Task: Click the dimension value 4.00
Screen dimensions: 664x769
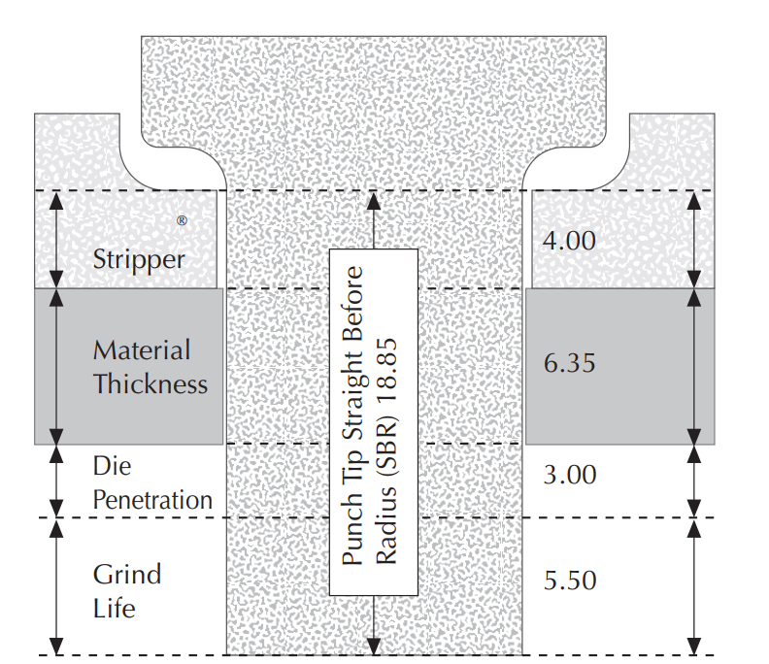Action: coord(569,240)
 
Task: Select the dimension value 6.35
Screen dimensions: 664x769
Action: coord(569,364)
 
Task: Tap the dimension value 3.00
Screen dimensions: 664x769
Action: coord(569,476)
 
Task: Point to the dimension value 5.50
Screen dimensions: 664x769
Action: coord(569,581)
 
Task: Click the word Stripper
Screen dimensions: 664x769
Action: coord(139,259)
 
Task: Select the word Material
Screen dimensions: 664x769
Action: coord(142,350)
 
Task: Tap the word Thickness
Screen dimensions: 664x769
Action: coord(150,383)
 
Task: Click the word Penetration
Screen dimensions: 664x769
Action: coord(152,500)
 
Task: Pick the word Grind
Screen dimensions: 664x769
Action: coord(126,574)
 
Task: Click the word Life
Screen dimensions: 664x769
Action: coord(114,609)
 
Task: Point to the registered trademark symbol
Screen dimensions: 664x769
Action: coord(182,220)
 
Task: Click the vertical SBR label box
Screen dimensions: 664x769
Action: coord(374,421)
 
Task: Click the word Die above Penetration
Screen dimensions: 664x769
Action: coord(111,465)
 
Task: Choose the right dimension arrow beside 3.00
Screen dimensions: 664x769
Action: coord(693,480)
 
